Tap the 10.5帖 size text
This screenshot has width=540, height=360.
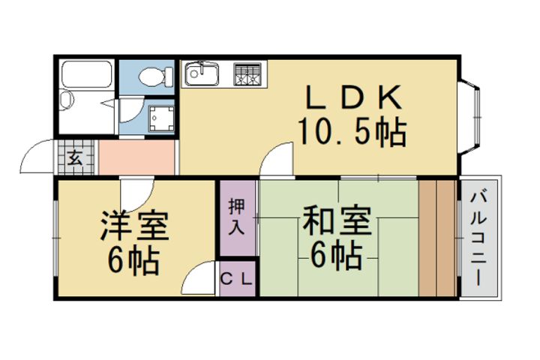point(352,132)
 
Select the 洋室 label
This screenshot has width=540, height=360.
point(135,226)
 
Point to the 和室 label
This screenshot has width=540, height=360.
point(337,220)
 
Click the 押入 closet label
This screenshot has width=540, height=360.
point(236,216)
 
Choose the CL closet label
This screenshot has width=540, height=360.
point(237,280)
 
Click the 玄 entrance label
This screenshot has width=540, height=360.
point(76,158)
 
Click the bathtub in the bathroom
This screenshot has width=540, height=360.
point(86,74)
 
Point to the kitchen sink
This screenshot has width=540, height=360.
point(201,73)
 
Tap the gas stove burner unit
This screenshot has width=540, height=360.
point(247,73)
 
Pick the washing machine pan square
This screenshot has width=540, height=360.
point(161,118)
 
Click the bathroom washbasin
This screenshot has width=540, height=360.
point(67,100)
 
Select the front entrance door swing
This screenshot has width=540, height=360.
point(37,157)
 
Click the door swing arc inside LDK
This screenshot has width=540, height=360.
point(275,159)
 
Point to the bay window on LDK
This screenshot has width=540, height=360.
point(469,117)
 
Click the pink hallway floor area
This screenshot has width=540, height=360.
point(136,157)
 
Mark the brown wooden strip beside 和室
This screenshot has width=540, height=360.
point(437,238)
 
